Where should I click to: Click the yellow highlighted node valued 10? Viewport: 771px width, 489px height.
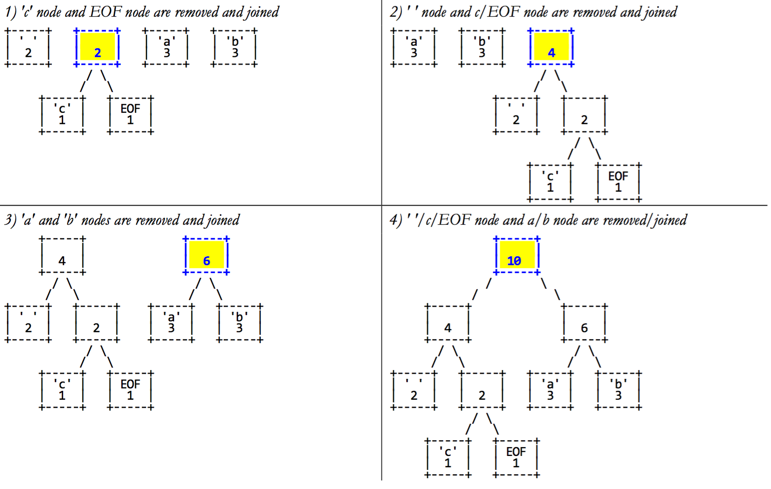(x=517, y=255)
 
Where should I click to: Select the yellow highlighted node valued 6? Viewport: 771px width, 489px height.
(x=206, y=255)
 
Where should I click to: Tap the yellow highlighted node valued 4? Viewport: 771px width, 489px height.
(x=551, y=47)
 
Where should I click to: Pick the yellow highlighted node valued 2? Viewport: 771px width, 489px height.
(x=97, y=47)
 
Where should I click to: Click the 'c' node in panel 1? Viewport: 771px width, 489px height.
(x=62, y=115)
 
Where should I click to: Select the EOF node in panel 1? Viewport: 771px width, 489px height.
(x=130, y=115)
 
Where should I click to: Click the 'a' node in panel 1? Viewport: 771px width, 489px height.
(x=166, y=47)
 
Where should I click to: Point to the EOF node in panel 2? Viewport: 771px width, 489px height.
(x=618, y=182)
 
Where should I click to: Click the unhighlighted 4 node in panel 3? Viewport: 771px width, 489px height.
(x=62, y=255)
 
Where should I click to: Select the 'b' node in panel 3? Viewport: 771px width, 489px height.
(x=240, y=323)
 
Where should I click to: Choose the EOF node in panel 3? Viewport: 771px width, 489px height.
(x=130, y=390)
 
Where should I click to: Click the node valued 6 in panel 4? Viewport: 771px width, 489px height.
(x=584, y=323)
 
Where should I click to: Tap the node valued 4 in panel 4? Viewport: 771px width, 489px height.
(x=448, y=323)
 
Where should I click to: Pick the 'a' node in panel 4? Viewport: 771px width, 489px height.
(x=550, y=390)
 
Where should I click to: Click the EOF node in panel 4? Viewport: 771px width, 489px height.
(x=516, y=458)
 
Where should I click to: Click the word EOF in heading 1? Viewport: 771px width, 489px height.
(x=105, y=12)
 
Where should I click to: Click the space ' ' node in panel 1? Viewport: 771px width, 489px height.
(x=28, y=47)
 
